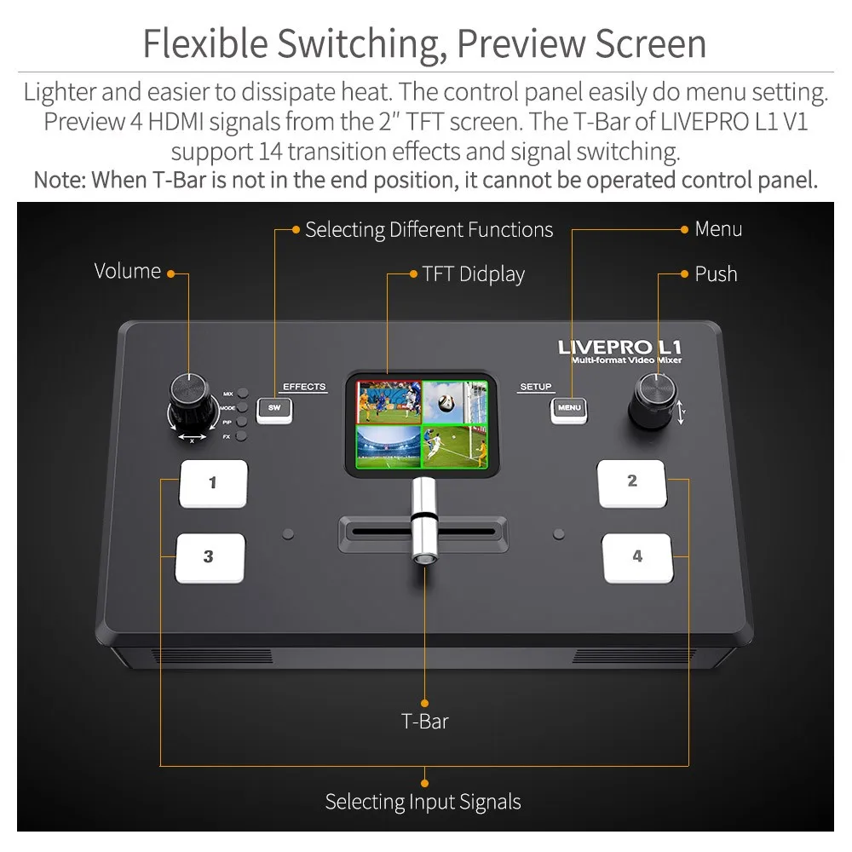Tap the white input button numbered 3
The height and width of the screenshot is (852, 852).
210,558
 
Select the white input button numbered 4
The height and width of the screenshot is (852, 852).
636,557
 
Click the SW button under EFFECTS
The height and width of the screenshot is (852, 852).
274,408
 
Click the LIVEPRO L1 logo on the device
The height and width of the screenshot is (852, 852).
619,348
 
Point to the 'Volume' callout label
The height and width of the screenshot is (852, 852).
127,271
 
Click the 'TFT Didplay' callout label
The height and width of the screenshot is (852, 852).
473,274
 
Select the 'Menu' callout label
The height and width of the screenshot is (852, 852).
718,229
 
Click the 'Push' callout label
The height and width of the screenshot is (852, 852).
716,274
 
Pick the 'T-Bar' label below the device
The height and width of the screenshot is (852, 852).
424,722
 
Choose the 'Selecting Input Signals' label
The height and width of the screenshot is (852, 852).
423,802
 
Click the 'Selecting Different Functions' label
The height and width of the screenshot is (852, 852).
429,230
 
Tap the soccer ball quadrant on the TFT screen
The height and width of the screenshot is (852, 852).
454,400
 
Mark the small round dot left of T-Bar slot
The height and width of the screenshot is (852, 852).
289,534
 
